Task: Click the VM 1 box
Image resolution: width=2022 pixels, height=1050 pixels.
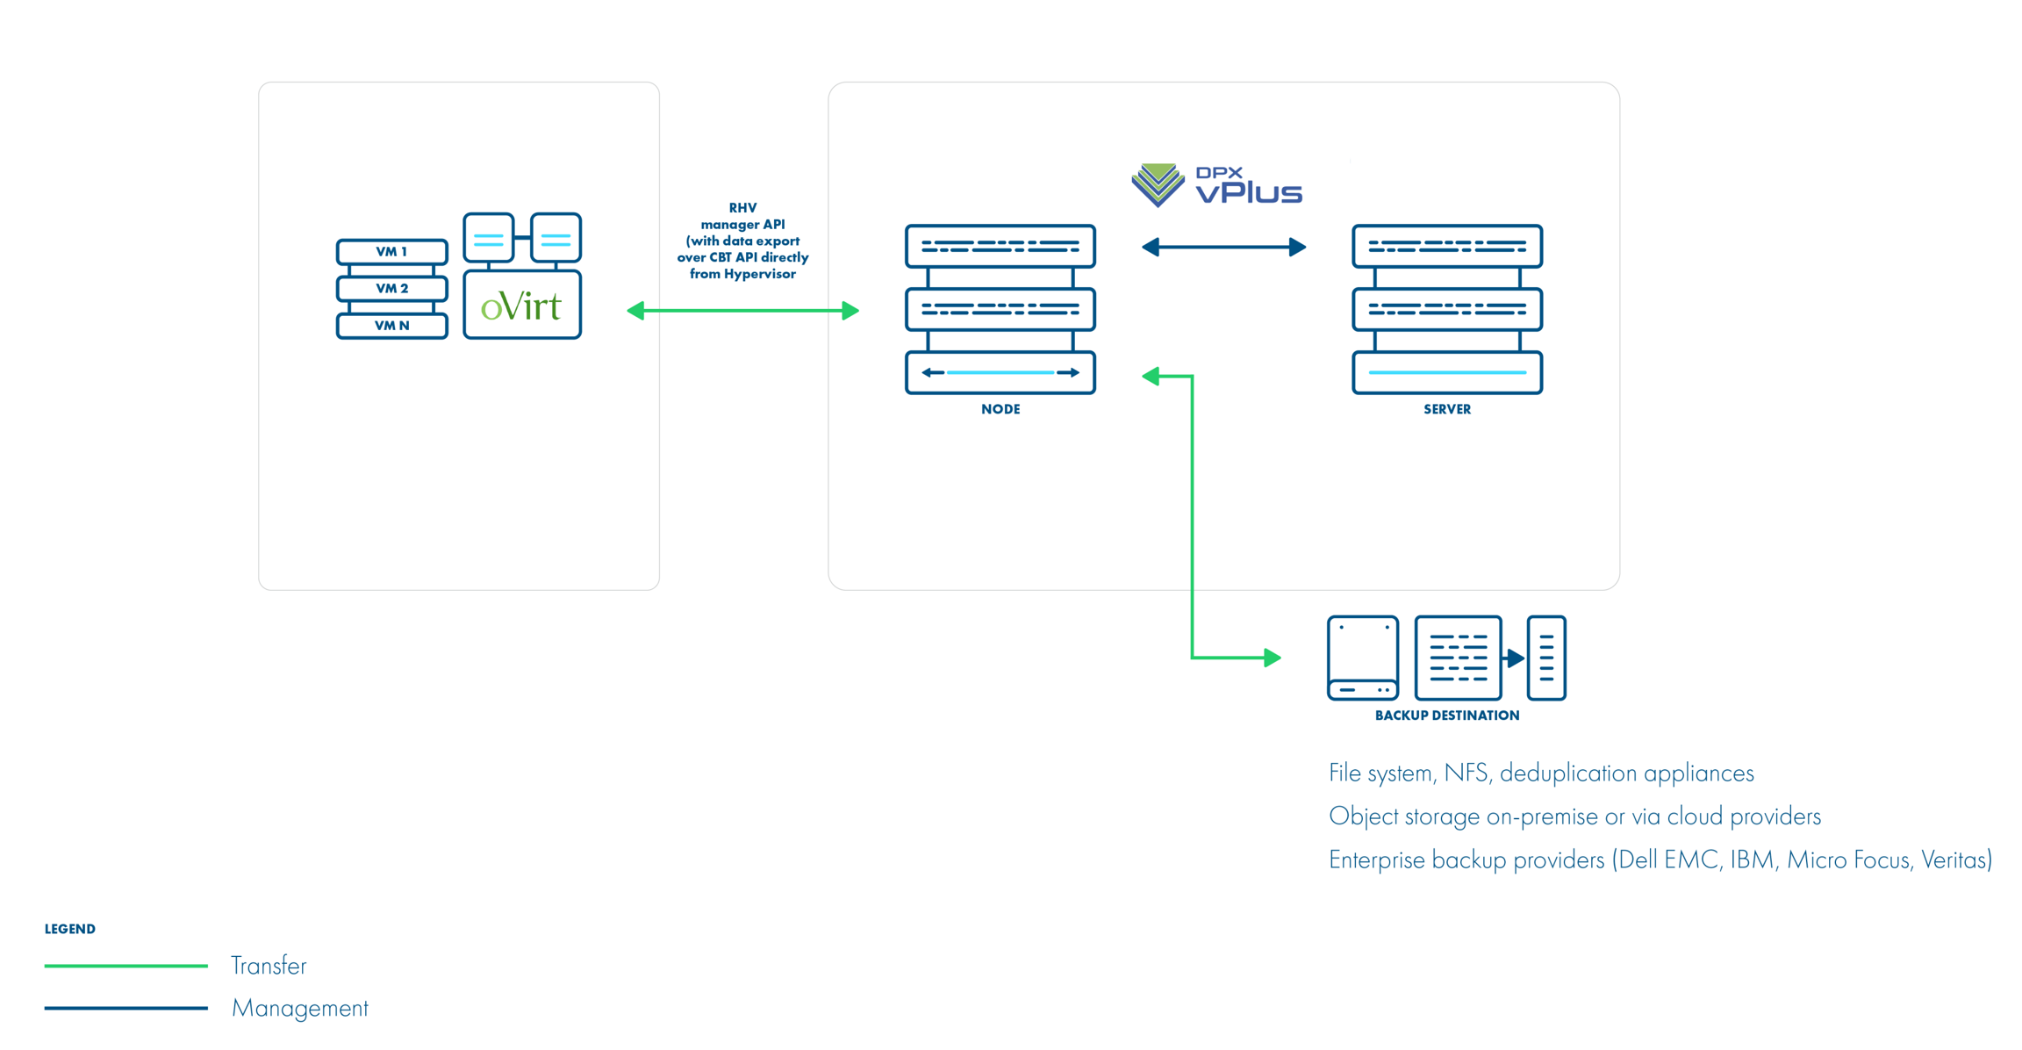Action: (x=391, y=252)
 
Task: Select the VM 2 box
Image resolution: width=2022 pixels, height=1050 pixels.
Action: (x=391, y=289)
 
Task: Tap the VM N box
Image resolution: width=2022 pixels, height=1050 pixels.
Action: (x=391, y=326)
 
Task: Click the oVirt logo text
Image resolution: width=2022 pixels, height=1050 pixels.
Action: (x=521, y=306)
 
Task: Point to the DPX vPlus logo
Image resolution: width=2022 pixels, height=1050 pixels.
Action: (x=1216, y=185)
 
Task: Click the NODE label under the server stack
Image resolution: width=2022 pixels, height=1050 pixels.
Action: (x=1000, y=409)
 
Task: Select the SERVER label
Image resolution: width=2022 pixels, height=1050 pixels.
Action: (x=1446, y=409)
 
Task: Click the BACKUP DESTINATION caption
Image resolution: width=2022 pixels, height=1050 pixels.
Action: (x=1446, y=716)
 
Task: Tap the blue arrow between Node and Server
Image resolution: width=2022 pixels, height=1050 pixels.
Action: (x=1223, y=248)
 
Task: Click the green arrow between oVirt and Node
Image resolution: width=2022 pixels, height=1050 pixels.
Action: (x=742, y=311)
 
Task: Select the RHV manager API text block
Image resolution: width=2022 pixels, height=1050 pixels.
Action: (x=742, y=241)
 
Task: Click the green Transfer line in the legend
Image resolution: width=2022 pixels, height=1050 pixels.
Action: (x=125, y=966)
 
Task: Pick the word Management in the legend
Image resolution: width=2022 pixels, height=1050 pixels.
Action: (x=299, y=1008)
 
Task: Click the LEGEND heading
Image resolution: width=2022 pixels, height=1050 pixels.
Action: (x=70, y=929)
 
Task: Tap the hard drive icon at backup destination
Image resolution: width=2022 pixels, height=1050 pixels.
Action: (x=1362, y=658)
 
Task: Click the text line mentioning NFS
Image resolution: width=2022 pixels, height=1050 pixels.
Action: (x=1540, y=773)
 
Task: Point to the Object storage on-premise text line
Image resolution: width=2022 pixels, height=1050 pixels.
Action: (x=1574, y=816)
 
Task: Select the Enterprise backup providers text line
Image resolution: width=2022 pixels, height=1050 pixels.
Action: (x=1660, y=859)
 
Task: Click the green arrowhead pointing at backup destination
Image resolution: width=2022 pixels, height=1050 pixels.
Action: (x=1272, y=658)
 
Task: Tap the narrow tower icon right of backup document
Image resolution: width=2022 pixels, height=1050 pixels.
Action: (x=1545, y=658)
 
